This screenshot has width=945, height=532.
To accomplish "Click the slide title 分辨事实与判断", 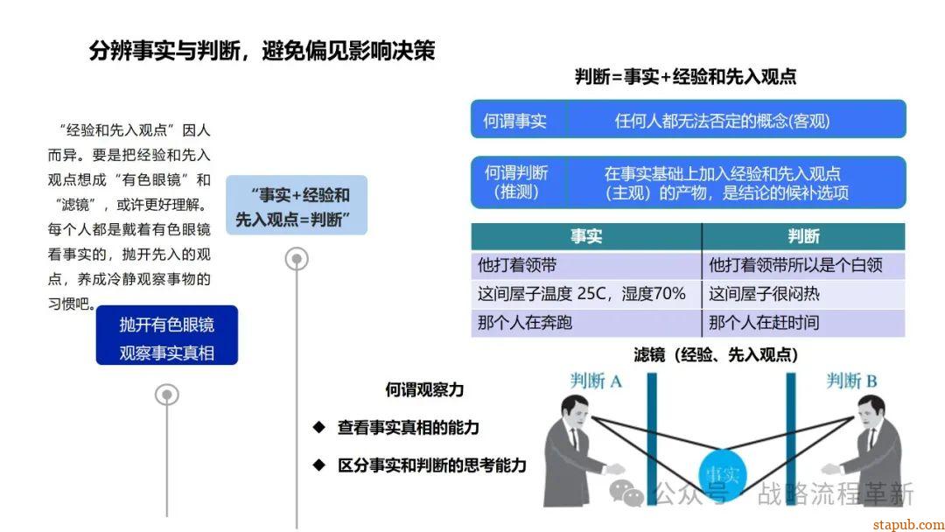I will [262, 50].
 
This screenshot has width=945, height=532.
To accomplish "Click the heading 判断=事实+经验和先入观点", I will [685, 77].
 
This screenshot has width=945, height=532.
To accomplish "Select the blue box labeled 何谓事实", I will [516, 121].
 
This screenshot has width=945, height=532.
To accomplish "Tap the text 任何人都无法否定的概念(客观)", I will [722, 121].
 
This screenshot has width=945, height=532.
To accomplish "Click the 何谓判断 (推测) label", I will [516, 182].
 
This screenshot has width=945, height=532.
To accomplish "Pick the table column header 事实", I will [586, 236].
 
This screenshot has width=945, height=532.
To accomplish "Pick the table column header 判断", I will [803, 236].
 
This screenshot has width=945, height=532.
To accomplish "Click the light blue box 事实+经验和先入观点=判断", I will [297, 206].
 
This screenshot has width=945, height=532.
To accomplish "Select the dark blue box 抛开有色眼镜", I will [167, 336].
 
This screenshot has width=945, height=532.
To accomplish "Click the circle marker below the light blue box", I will [297, 259].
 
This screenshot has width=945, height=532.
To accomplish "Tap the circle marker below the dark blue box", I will [167, 395].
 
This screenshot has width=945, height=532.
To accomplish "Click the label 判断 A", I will [596, 381].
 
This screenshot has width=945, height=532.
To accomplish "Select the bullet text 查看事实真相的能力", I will [408, 428].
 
